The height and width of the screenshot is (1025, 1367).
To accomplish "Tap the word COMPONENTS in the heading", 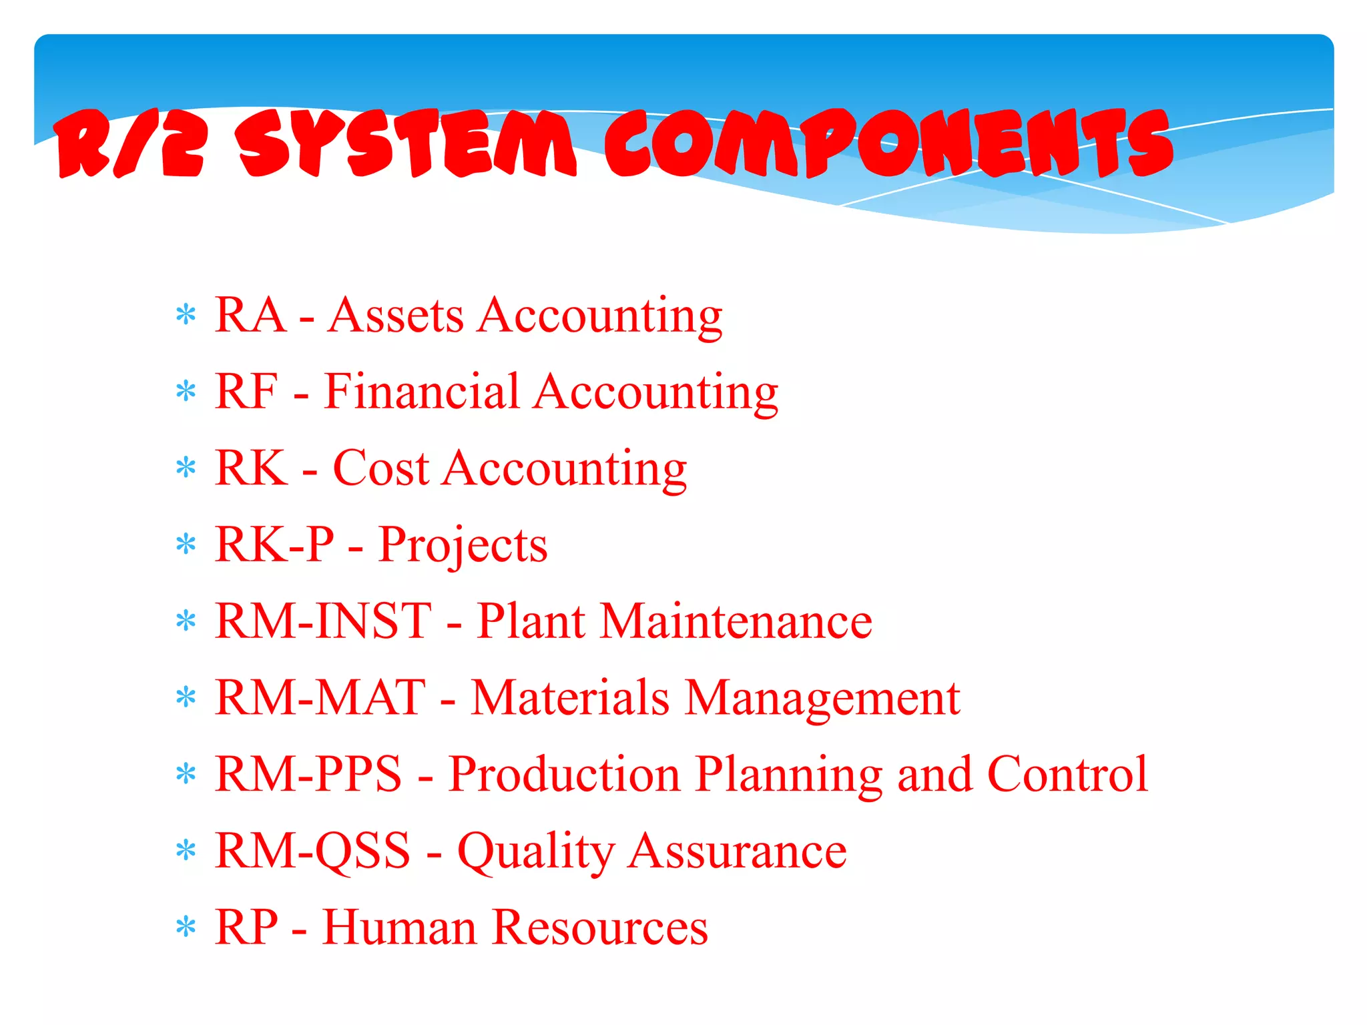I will pos(888,144).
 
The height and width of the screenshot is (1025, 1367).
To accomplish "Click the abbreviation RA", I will pos(250,315).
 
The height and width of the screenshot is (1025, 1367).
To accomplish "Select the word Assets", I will pos(396,315).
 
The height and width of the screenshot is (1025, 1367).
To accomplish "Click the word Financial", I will pos(421,392).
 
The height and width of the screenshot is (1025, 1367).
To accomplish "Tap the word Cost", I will pos(380,468).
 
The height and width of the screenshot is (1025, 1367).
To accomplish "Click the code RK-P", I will pos(274,545).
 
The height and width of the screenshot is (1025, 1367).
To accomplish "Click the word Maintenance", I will pos(736,621).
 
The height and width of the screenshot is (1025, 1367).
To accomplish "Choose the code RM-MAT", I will pos(320,698).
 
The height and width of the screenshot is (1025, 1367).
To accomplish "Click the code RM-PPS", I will pos(309,774).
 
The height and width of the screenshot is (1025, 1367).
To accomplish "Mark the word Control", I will pos(1067,774).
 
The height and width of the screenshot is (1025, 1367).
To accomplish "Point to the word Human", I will pos(398,928).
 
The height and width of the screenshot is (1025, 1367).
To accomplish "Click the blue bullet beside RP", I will pos(186,928).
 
